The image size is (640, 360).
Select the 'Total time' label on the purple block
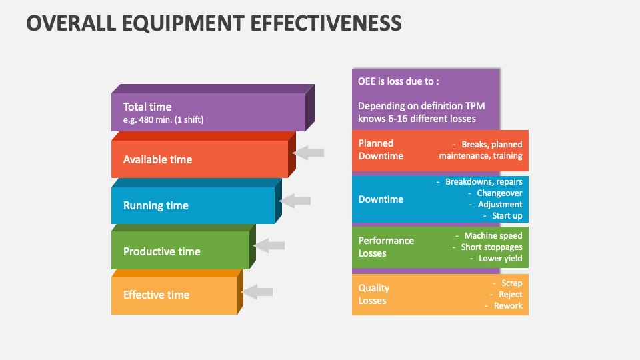[x=147, y=107]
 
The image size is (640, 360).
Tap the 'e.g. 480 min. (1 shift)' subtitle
[x=163, y=120]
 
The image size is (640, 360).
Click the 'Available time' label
[x=157, y=159]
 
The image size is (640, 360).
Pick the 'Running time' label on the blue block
[x=156, y=205]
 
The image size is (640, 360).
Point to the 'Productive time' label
[x=162, y=251]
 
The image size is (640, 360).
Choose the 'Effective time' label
[x=156, y=295]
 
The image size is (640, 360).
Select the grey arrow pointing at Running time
[x=296, y=201]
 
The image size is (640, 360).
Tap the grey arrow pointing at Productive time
[x=269, y=245]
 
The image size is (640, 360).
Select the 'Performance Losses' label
[x=386, y=247]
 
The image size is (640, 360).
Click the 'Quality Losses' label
[x=374, y=294]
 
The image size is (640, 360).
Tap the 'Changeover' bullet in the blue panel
[x=499, y=193]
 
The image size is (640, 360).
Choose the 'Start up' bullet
[x=507, y=215]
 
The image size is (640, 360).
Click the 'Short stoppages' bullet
[x=491, y=247]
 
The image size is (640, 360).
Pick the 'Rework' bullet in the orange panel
[x=508, y=306]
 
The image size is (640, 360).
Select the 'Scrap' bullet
[x=512, y=283]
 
